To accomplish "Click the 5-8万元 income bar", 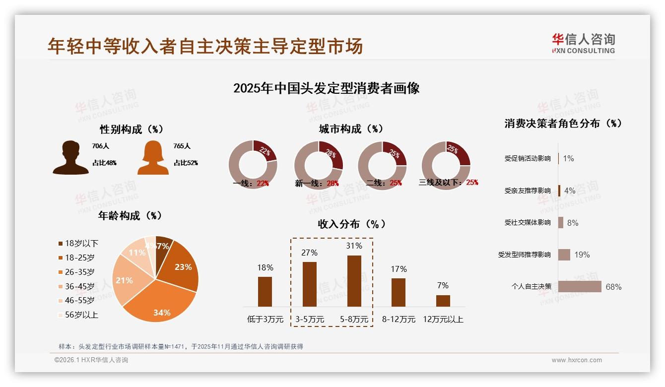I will [354, 281].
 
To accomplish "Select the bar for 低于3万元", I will [265, 291].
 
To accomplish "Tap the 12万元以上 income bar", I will [443, 301].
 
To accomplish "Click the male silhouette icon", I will [70, 157].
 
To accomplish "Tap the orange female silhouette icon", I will [153, 157].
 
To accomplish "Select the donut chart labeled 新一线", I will [318, 165].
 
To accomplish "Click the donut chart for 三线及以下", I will [446, 165].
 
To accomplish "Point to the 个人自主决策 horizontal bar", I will [580, 287].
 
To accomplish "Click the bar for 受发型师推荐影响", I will [564, 255].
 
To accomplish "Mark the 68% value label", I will [613, 287].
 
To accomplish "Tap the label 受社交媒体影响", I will [527, 223].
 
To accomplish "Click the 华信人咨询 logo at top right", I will [583, 43].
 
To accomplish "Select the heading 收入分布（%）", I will [351, 224].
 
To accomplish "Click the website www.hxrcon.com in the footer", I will [577, 360].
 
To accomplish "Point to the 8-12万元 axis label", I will [399, 320].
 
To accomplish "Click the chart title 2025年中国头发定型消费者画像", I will [326, 88].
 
